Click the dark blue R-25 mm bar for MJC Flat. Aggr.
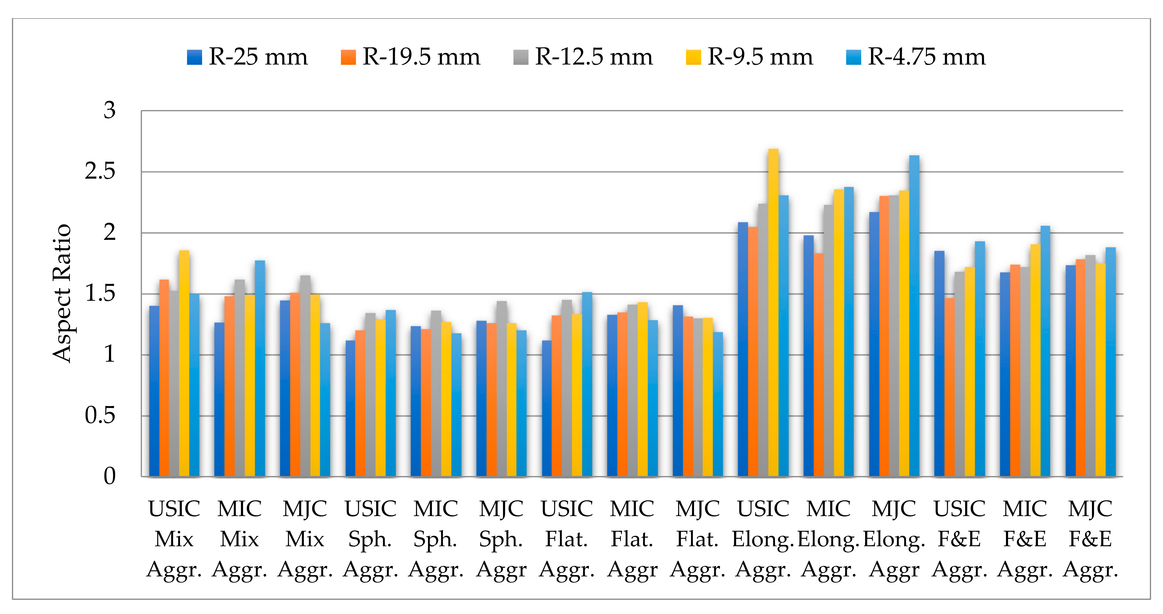(677, 391)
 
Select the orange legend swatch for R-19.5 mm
(348, 57)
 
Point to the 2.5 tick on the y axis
(100, 172)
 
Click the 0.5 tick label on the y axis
(100, 416)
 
